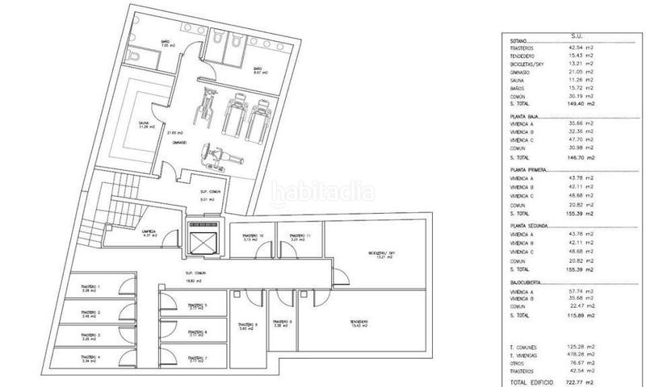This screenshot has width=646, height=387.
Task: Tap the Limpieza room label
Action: point(148,232)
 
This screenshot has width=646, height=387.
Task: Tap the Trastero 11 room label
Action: point(294,236)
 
